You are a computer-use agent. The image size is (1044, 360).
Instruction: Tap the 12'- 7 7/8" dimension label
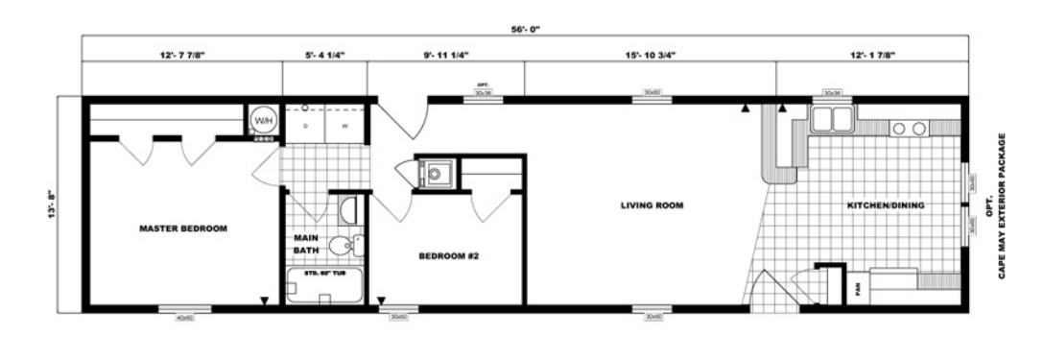point(182,56)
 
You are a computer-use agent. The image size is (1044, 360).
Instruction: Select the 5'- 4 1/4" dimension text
point(324,56)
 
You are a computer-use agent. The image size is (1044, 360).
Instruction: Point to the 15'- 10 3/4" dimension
point(650,56)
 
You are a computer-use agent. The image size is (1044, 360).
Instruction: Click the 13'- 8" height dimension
point(63,203)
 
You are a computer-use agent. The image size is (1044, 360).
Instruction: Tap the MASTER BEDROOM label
point(183,228)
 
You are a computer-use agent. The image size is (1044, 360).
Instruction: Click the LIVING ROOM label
point(651,205)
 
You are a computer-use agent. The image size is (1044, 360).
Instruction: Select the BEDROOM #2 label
point(449,256)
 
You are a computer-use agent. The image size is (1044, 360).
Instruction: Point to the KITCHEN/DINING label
point(884,205)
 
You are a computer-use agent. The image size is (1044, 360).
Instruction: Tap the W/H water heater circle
point(262,120)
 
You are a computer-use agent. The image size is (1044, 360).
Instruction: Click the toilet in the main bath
point(343,245)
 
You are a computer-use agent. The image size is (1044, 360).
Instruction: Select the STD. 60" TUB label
point(323,274)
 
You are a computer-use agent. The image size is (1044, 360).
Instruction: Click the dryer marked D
point(306,125)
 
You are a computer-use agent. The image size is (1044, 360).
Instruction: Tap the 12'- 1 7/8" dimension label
point(871,56)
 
